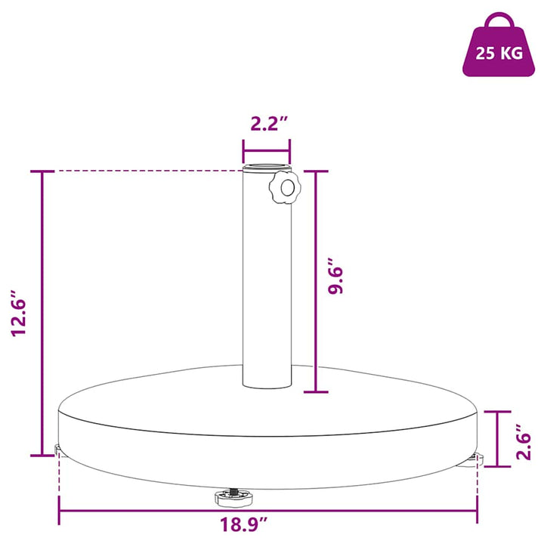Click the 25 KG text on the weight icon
[499, 54]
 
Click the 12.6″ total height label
[19, 313]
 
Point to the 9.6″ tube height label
[335, 281]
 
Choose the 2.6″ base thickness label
[523, 441]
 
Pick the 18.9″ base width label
[244, 524]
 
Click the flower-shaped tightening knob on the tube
[285, 187]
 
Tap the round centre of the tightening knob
[288, 188]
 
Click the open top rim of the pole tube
[267, 166]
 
